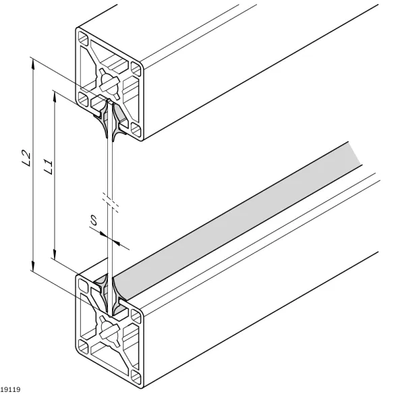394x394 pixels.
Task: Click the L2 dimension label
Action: pos(26,158)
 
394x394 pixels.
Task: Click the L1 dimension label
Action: pos(49,167)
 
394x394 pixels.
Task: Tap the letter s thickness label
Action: pos(94,220)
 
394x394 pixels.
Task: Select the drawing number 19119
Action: pos(10,389)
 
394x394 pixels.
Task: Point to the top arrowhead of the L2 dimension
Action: pos(33,65)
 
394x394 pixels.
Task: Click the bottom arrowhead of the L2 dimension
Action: pos(33,266)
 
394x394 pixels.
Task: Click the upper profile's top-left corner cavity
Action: pos(84,38)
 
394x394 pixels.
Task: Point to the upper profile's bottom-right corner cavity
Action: pos(136,129)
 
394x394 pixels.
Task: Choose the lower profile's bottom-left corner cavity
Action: pos(84,347)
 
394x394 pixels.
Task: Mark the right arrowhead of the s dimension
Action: pos(116,242)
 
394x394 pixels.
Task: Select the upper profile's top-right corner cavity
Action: pos(136,69)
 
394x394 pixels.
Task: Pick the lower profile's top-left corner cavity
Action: pos(84,285)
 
